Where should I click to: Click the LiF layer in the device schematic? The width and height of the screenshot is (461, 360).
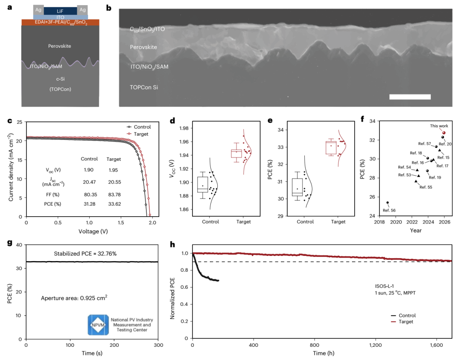61,10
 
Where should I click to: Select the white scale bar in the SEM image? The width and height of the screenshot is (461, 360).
410,97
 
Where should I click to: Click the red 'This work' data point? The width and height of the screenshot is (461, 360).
444,133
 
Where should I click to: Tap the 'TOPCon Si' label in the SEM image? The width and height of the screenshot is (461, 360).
145,87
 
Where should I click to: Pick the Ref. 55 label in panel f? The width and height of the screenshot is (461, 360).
426,187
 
